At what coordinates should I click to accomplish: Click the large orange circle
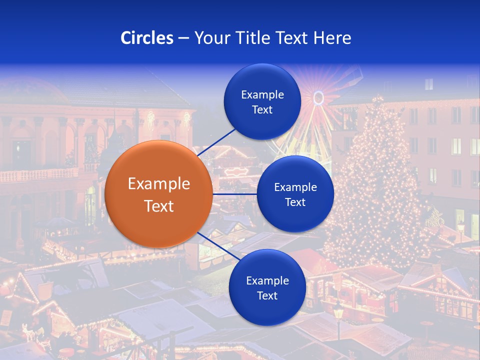pos(158,194)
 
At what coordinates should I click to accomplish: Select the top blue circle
pos(262,101)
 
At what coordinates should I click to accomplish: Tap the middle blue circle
pos(295,194)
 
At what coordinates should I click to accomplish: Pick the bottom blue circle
pos(267,287)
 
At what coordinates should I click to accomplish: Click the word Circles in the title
pos(147,38)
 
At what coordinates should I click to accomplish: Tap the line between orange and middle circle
pos(234,194)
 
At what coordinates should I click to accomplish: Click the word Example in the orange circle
pos(159,184)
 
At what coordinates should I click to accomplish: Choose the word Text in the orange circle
pos(159,206)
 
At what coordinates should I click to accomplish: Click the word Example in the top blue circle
pos(262,94)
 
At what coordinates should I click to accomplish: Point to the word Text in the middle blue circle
pos(295,202)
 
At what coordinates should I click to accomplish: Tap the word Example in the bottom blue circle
pos(267,280)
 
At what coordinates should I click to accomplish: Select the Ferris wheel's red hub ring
pos(318,97)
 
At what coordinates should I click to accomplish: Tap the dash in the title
pos(182,38)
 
